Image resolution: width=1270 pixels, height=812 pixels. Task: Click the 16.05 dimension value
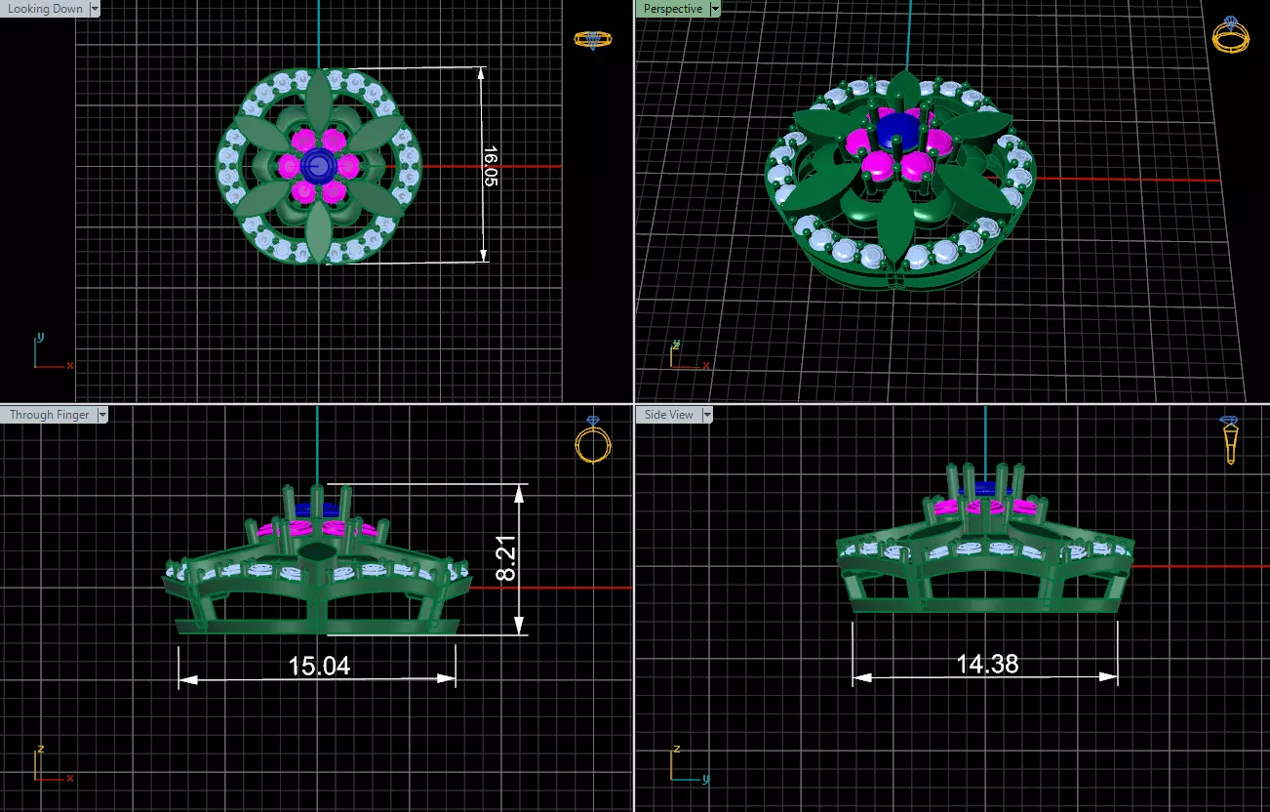[490, 167]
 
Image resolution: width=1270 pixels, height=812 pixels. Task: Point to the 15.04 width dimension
[319, 667]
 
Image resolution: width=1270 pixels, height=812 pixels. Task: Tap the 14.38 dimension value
[987, 664]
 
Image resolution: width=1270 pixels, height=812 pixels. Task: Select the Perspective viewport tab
[673, 9]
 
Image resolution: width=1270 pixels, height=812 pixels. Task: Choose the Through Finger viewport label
[49, 415]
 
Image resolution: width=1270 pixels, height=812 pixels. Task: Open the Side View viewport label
[669, 415]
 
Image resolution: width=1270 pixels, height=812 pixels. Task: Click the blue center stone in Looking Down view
[317, 166]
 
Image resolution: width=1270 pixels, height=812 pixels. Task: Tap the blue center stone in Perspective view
[896, 130]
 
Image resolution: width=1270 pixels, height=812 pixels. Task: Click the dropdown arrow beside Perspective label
[715, 9]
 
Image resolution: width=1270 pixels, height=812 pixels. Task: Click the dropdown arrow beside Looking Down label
[94, 9]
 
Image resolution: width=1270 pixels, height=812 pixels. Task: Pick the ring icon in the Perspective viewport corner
[1230, 35]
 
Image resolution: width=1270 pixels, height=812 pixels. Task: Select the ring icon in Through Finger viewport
[592, 441]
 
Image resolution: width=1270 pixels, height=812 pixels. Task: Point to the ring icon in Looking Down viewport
[592, 39]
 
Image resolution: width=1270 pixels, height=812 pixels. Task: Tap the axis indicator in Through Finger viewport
[47, 767]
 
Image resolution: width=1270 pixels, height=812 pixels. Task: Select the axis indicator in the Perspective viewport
[685, 357]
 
